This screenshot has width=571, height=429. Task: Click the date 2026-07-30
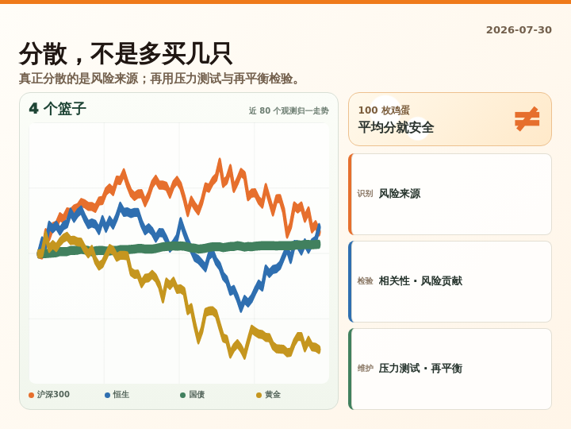(x=519, y=30)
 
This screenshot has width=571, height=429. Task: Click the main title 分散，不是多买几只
(x=125, y=54)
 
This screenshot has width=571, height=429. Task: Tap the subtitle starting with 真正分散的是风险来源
(x=159, y=79)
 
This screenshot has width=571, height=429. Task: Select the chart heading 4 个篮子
(x=58, y=109)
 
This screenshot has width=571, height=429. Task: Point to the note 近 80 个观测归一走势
(x=289, y=110)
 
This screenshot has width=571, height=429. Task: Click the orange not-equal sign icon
(x=527, y=119)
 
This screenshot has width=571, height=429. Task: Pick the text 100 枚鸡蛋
(x=384, y=110)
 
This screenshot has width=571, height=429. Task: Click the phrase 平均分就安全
(x=396, y=128)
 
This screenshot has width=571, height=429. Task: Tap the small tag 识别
(x=365, y=194)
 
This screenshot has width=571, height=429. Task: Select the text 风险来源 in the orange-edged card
(x=400, y=194)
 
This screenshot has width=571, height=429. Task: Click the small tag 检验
(x=365, y=281)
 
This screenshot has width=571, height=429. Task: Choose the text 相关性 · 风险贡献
(x=420, y=281)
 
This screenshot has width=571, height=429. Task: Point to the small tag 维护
(x=365, y=369)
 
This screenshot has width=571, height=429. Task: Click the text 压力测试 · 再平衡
(x=420, y=369)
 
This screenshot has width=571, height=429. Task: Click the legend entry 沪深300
(x=49, y=395)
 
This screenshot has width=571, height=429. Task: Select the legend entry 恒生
(x=117, y=395)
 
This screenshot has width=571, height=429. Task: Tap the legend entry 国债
(x=193, y=395)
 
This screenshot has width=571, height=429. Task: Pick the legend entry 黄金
(x=268, y=395)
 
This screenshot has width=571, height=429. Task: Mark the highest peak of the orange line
(x=220, y=160)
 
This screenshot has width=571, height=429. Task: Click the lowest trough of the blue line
(x=241, y=310)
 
